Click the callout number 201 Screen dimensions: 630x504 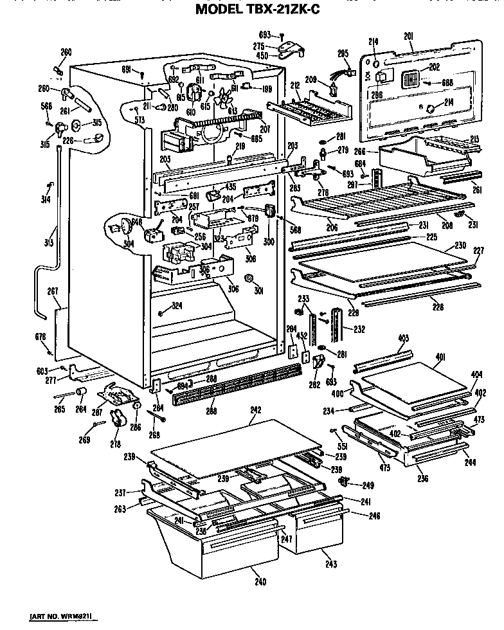tap(409, 35)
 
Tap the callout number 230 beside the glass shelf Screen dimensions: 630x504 tap(460, 245)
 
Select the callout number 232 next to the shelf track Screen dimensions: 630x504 tap(359, 329)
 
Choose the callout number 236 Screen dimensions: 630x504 tap(422, 478)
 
